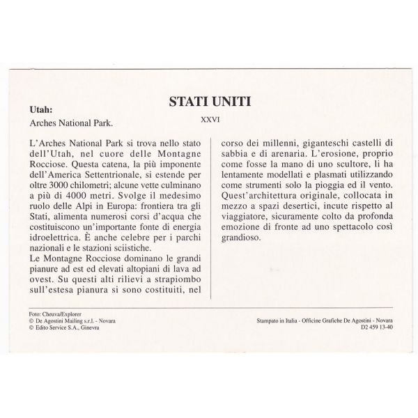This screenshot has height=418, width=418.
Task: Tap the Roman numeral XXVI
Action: tap(210, 119)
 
